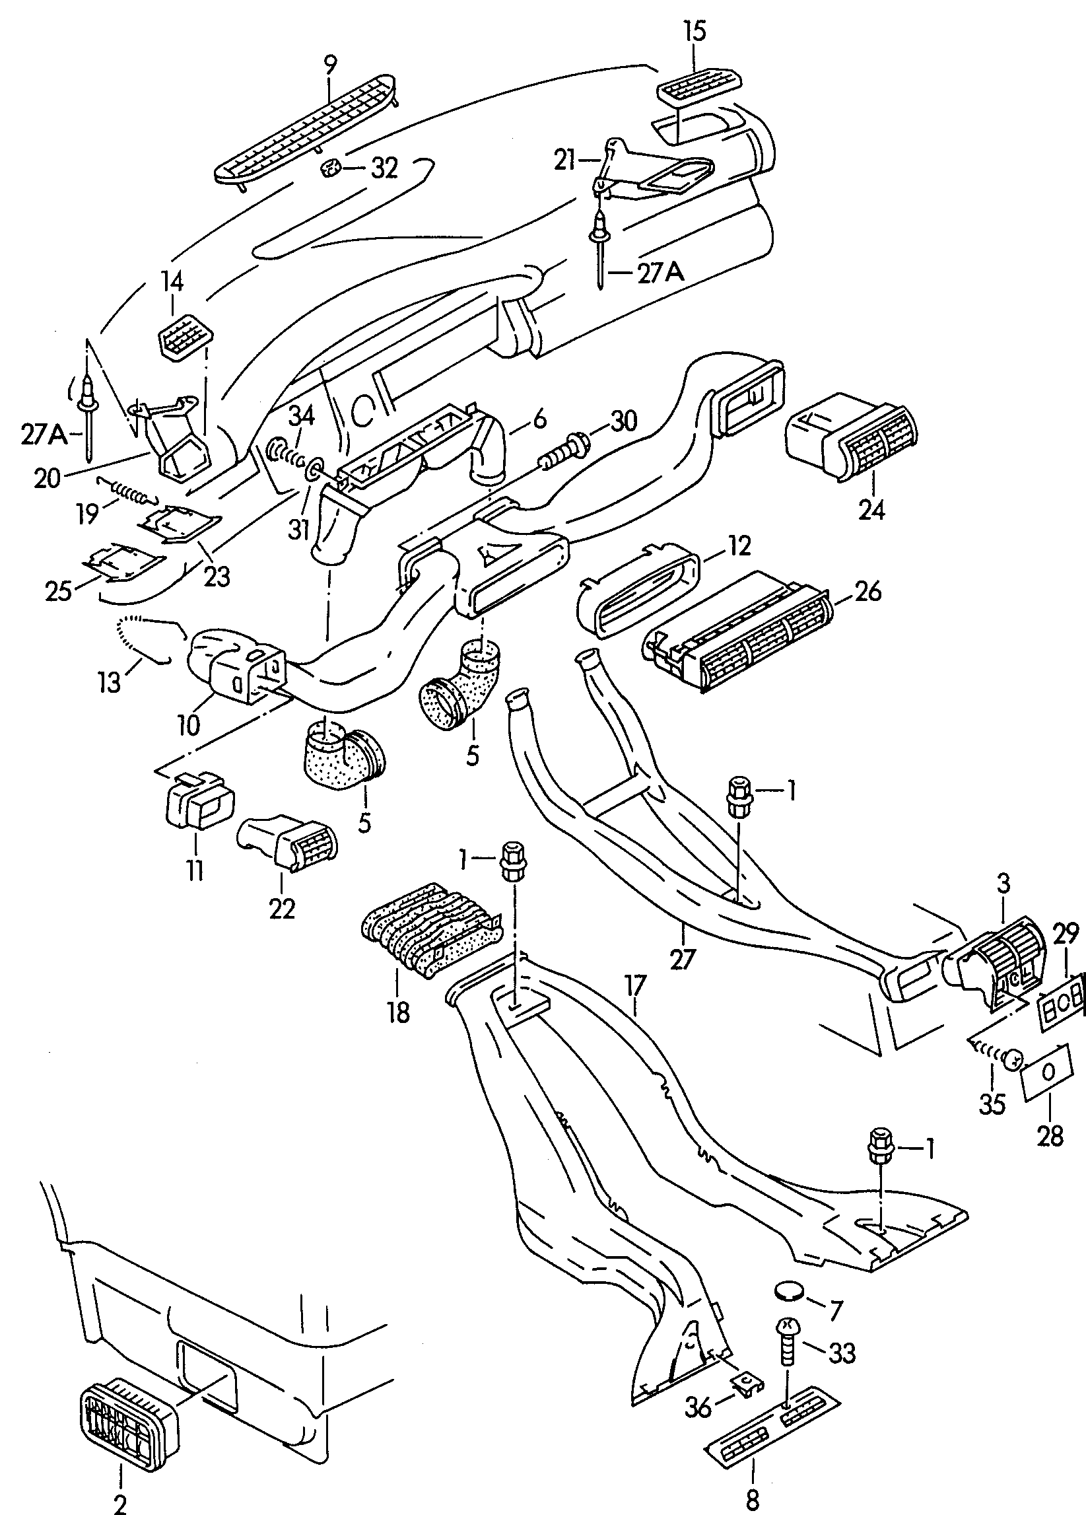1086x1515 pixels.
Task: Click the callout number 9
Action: point(329,65)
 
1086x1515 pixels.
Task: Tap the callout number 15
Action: point(695,32)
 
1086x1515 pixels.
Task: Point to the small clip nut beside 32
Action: point(332,168)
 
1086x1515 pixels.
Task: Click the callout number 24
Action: point(872,510)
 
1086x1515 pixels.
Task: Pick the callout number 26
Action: point(867,591)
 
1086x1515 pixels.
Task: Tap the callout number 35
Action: point(992,1104)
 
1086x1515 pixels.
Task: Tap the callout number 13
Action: point(109,682)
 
